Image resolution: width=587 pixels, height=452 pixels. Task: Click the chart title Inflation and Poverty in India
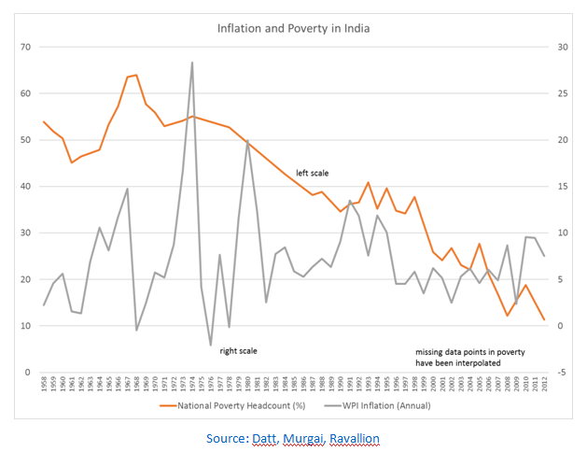click(x=294, y=28)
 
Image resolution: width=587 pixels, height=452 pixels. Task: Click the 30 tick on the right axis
click(x=561, y=47)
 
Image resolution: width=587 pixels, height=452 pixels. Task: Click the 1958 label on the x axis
click(x=45, y=386)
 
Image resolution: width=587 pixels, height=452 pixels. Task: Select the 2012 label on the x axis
click(x=544, y=386)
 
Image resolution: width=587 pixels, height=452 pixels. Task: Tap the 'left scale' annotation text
click(x=313, y=173)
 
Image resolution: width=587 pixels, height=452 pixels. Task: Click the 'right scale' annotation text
click(x=238, y=351)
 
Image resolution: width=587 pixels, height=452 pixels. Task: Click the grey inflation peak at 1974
click(x=192, y=63)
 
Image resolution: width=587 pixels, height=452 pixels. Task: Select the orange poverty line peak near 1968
click(x=136, y=75)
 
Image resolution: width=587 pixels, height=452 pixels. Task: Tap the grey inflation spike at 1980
click(x=247, y=142)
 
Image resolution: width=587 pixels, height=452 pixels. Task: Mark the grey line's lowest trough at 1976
click(x=211, y=346)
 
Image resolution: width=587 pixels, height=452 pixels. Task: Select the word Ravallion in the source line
click(x=352, y=437)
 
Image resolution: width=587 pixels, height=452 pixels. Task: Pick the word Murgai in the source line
click(x=304, y=437)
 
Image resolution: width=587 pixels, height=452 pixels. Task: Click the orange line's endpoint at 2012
click(x=544, y=320)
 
